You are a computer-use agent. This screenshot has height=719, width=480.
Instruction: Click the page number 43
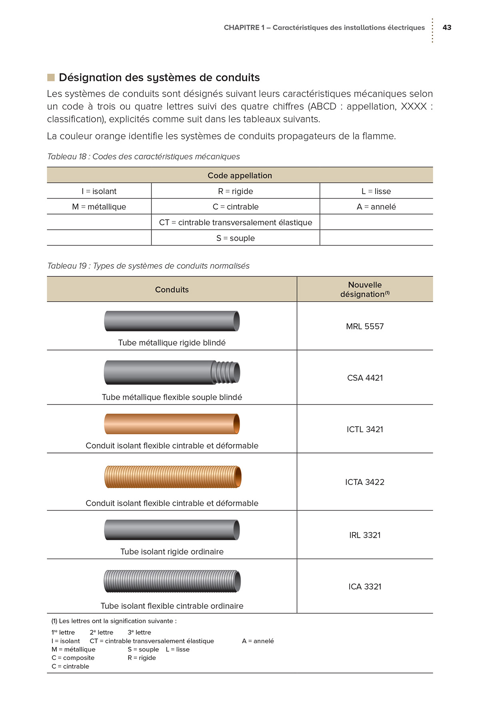[447, 28]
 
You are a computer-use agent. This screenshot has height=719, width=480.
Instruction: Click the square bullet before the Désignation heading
[51, 77]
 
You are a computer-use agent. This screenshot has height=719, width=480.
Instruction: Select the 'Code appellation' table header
[240, 175]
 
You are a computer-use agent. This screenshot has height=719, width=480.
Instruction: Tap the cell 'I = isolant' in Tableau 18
[99, 191]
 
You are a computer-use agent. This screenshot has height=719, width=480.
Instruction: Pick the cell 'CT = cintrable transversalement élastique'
[236, 222]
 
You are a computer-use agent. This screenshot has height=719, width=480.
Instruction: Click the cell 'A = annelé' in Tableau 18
[376, 207]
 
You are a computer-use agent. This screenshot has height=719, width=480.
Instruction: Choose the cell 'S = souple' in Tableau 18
[236, 238]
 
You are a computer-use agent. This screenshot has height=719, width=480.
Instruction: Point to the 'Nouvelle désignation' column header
[365, 289]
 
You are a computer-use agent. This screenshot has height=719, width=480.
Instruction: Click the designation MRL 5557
[365, 326]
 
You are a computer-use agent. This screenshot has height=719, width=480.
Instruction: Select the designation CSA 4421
[365, 378]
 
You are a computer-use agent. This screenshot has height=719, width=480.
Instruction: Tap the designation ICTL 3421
[365, 429]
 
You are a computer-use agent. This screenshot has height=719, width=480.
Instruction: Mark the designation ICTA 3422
[365, 482]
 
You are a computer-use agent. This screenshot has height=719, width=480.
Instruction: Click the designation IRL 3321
[365, 535]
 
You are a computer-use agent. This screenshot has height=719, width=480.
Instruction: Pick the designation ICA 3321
[365, 587]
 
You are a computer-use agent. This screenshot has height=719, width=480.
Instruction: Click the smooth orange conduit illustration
[172, 424]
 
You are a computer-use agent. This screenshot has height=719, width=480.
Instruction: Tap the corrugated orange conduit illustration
[172, 477]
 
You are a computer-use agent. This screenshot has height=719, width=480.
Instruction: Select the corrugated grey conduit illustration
[172, 581]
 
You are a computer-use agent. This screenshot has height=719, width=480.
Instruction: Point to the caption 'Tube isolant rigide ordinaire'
[172, 552]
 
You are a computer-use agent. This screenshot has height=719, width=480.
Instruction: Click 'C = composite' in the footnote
[73, 658]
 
